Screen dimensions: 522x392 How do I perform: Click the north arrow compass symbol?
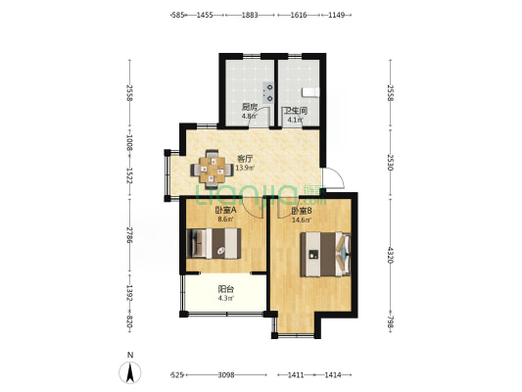pos(130,372)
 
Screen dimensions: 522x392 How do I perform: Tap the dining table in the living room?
pos(212,170)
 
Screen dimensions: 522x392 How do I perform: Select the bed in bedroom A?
pos(214,243)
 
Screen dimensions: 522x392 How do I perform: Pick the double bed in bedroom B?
pos(325,254)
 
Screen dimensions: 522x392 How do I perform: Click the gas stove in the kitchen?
pos(268,92)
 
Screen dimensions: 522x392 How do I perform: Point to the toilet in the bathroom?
pos(310,92)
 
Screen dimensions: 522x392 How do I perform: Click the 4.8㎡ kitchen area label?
pos(250,117)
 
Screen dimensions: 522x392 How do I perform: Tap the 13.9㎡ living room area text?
pos(245,168)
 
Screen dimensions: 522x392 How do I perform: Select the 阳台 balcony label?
pos(225,289)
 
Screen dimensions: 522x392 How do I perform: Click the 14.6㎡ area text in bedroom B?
pos(302,220)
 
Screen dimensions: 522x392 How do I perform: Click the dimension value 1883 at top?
pos(250,15)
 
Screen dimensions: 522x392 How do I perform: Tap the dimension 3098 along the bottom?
pos(226,375)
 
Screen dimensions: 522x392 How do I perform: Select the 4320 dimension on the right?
pos(390,255)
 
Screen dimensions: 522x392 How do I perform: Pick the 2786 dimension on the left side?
pos(129,235)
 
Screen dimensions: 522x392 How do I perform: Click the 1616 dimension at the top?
pos(299,15)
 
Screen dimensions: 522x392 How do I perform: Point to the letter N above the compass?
pos(130,355)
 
